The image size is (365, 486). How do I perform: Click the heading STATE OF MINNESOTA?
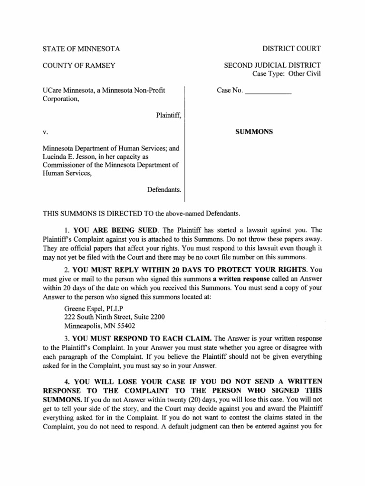81,48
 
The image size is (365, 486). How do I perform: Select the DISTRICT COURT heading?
291,48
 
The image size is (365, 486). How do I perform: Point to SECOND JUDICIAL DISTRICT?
272,65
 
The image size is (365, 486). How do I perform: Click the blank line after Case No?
268,92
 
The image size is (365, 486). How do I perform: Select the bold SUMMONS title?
254,132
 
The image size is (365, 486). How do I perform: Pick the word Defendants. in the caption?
164,189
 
